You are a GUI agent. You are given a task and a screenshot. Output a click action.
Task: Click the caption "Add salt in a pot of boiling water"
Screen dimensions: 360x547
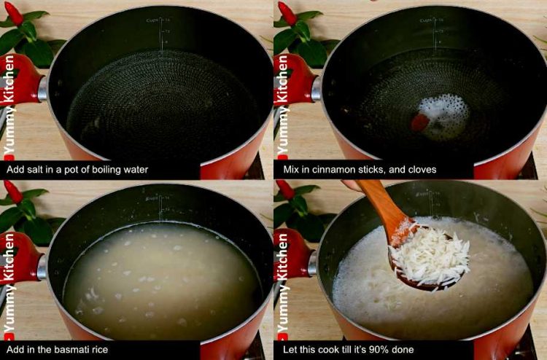click(x=77, y=170)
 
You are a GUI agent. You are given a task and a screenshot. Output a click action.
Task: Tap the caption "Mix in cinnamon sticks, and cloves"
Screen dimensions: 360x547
click(x=360, y=170)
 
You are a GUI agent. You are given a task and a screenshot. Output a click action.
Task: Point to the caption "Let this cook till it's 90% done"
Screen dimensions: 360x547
click(x=348, y=350)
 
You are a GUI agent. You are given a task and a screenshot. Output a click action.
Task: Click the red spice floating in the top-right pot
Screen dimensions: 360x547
click(x=420, y=122)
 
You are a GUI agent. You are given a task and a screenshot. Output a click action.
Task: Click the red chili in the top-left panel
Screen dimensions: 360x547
click(x=14, y=12)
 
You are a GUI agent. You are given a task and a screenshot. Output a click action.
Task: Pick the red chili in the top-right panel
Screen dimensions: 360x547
click(x=287, y=12)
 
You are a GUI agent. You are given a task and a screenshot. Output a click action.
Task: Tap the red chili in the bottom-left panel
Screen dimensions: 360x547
click(x=14, y=191)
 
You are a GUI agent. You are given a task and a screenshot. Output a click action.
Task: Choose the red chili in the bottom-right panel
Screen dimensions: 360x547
click(x=287, y=191)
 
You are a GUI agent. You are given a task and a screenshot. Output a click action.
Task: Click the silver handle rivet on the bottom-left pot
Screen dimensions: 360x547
click(x=42, y=267)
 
